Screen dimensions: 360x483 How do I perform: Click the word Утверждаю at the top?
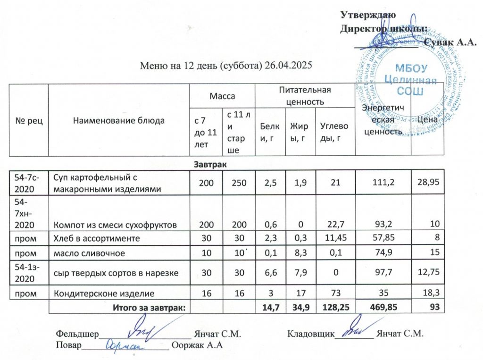point(368,15)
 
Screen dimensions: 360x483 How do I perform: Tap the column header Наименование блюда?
point(119,120)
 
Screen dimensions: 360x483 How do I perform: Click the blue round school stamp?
point(402,78)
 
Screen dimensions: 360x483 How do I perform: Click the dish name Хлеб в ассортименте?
point(97,239)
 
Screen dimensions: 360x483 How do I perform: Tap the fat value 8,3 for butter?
point(299,253)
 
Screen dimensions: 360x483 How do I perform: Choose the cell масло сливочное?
point(89,253)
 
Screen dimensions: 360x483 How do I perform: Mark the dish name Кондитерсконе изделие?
point(105,293)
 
